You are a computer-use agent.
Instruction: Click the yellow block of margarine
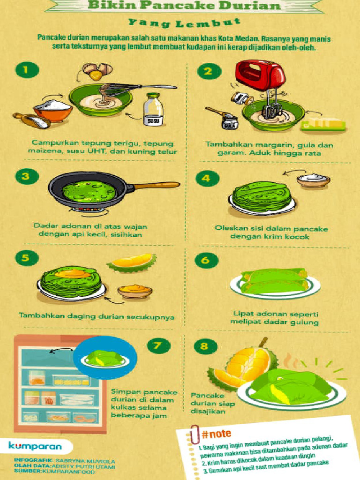tap(324, 124)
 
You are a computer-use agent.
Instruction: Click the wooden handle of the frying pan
tap(157, 186)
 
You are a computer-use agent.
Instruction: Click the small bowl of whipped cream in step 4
tap(313, 180)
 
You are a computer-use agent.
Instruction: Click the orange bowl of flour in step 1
tap(52, 111)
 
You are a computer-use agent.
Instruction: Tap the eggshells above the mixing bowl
tap(97, 71)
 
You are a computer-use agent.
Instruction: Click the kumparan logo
tap(34, 446)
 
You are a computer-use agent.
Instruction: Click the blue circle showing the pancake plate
tap(105, 358)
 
